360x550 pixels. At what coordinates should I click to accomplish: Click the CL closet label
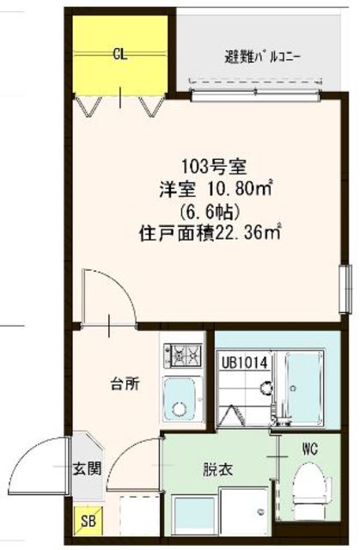tap(120, 55)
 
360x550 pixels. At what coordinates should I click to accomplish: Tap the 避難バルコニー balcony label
tap(263, 58)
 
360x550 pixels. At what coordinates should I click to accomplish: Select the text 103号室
tap(214, 167)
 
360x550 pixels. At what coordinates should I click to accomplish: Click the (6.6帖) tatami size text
tap(210, 211)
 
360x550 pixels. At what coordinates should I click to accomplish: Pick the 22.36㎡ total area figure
tap(247, 234)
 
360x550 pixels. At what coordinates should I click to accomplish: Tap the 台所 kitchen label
tap(125, 384)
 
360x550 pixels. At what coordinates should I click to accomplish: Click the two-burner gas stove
tap(183, 355)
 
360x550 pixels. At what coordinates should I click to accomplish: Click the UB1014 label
tap(245, 363)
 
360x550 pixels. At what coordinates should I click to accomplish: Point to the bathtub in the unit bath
tap(303, 388)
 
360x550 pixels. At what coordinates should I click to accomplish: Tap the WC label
tap(310, 449)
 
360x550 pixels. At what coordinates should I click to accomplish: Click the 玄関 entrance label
tap(87, 468)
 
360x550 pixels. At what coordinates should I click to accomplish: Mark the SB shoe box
tap(88, 521)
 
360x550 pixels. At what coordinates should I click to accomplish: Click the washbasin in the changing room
tap(195, 513)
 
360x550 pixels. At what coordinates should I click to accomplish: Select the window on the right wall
tap(345, 289)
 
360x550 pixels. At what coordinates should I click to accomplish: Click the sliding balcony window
tap(255, 95)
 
